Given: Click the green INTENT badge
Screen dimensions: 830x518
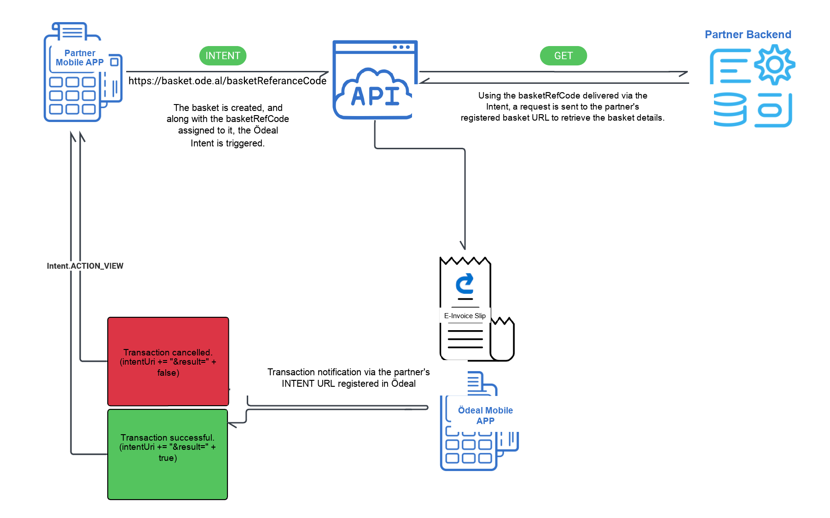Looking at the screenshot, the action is (x=223, y=56).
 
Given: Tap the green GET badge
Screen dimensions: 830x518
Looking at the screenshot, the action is (x=563, y=56).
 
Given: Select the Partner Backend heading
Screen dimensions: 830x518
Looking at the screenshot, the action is (x=748, y=35).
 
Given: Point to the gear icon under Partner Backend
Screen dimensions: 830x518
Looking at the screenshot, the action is (x=775, y=65).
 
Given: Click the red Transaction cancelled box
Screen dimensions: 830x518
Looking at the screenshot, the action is (x=168, y=361).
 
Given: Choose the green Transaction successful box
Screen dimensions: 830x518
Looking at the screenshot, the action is (x=168, y=454).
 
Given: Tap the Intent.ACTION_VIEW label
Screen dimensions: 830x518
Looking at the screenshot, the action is (x=85, y=266).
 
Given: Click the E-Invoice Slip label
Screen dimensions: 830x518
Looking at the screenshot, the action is (x=465, y=316).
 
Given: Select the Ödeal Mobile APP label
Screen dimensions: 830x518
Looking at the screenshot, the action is (x=485, y=415).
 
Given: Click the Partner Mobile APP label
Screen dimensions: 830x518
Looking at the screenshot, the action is (x=80, y=58).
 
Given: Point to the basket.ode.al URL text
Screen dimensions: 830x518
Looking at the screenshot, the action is (x=227, y=81).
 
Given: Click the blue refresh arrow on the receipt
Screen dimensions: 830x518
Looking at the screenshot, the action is (x=465, y=284).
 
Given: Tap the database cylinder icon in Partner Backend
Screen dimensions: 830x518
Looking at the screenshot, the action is (x=730, y=110).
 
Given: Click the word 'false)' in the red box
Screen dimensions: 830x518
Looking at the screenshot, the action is (x=168, y=373).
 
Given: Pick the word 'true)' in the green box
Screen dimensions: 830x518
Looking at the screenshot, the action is (x=168, y=458).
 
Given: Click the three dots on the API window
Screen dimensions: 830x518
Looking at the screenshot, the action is (x=401, y=47).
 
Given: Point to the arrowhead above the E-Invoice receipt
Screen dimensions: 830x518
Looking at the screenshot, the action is (x=464, y=245).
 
